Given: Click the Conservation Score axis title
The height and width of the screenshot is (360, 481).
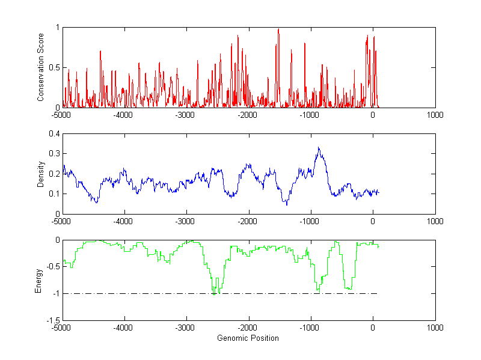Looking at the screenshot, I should (x=41, y=67).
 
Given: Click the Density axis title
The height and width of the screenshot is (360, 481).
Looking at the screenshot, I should (x=41, y=174).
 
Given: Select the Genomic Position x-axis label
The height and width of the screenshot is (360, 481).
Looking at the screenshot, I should (x=248, y=338).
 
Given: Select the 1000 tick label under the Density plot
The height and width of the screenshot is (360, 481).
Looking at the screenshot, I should (x=435, y=221).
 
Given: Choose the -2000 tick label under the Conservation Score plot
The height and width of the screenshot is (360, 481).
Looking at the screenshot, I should (x=248, y=115).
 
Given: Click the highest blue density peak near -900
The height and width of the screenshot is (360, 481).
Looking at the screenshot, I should (x=319, y=148).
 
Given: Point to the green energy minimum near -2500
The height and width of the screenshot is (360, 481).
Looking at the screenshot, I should (x=214, y=293).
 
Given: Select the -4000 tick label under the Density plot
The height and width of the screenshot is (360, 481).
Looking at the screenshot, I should (x=124, y=221).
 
